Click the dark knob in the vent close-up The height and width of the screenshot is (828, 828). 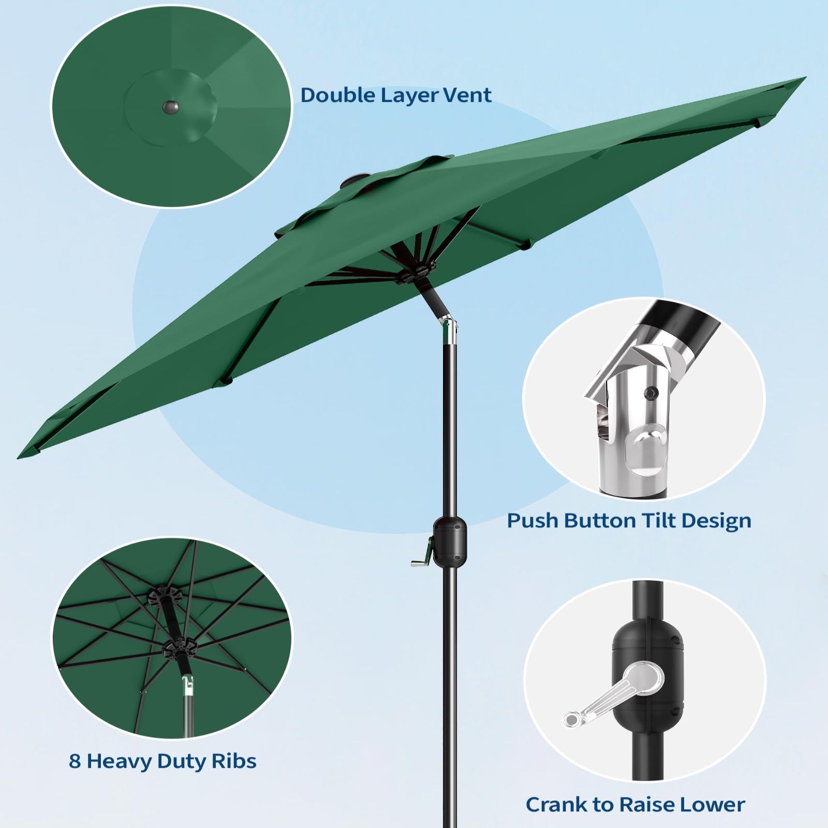[x=171, y=108]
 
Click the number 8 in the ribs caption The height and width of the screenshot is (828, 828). [x=75, y=761]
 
